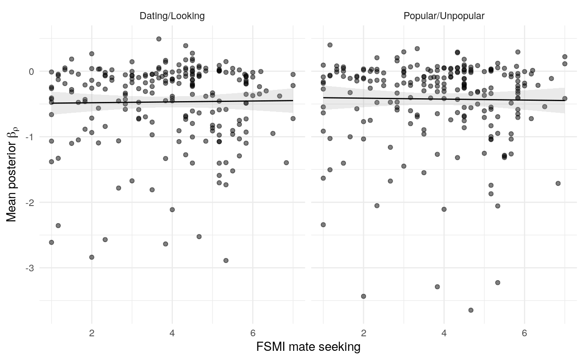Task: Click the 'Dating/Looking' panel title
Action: coord(172,16)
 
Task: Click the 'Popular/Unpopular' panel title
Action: coord(444,16)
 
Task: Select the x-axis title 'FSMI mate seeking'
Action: coord(308,347)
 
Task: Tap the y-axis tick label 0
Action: coord(31,72)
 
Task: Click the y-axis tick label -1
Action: coord(30,137)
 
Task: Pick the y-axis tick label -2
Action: coord(30,203)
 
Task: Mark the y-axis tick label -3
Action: coord(30,268)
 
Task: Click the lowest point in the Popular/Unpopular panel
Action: coord(471,310)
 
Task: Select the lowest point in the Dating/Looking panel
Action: coord(226,261)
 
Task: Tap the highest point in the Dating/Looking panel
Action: coord(159,39)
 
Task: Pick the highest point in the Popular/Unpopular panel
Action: coord(330,45)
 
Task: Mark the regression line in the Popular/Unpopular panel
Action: coord(444,99)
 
